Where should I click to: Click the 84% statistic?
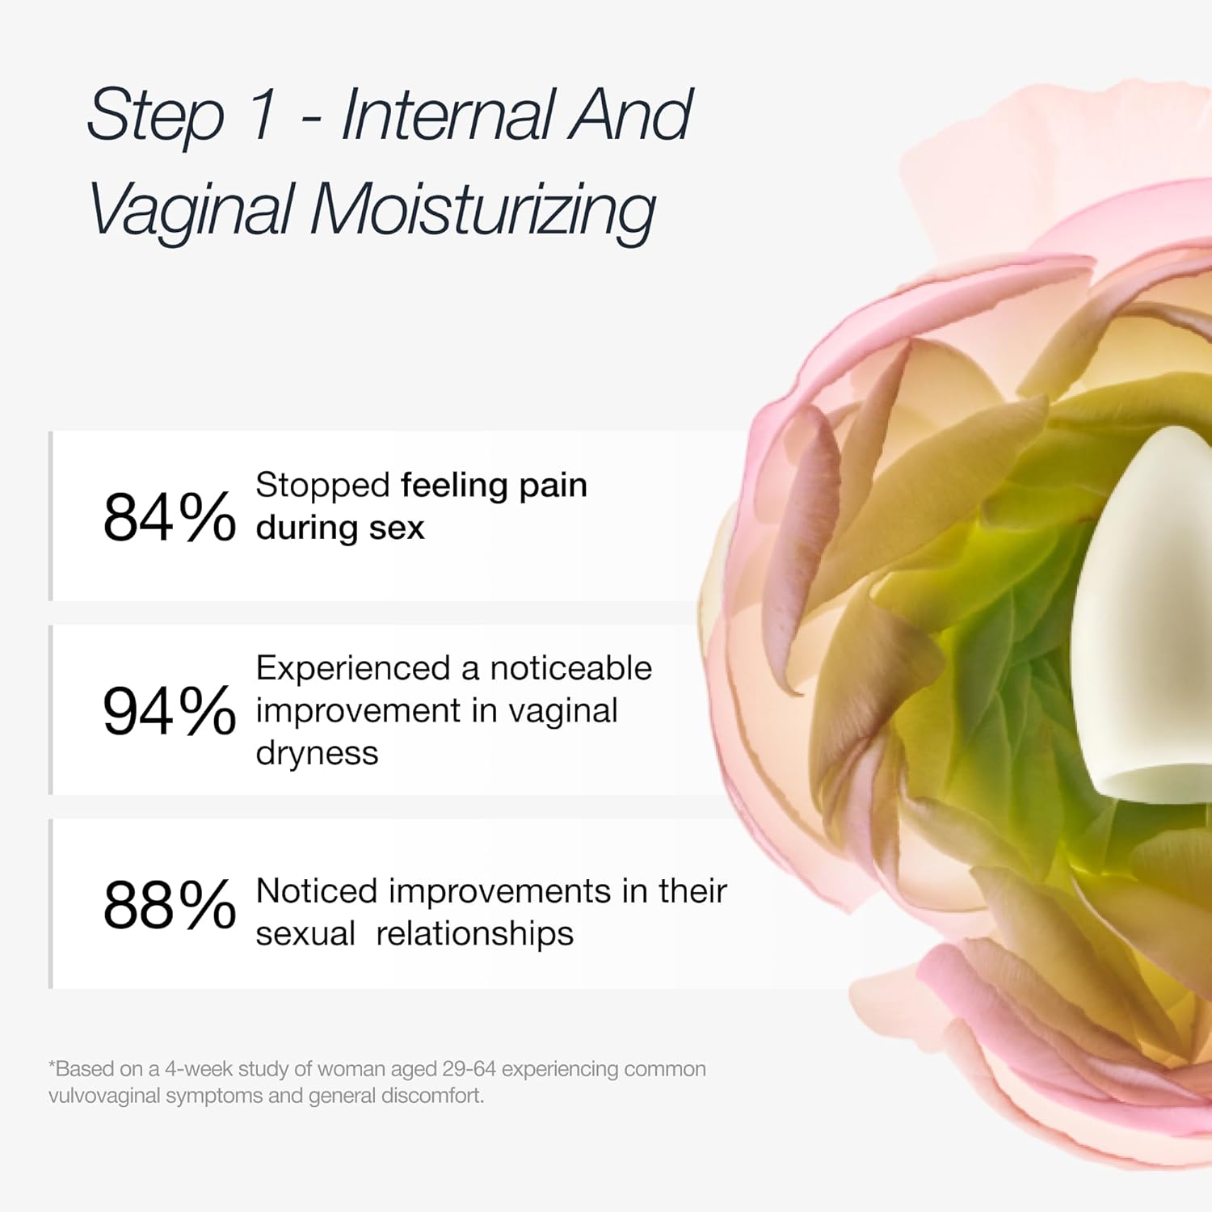[169, 517]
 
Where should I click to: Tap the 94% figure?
[169, 711]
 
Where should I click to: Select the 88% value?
[169, 905]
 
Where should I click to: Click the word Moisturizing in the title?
[482, 210]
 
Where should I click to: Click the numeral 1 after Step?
[263, 115]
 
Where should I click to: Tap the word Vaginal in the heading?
[191, 210]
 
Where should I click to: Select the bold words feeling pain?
[494, 485]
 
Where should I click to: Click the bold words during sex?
[340, 528]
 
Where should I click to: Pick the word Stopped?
[323, 485]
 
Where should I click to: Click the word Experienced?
[353, 668]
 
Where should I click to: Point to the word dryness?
[317, 753]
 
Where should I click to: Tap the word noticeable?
[570, 668]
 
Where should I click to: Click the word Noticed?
[317, 891]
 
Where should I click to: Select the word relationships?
[475, 934]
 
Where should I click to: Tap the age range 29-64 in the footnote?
[469, 1069]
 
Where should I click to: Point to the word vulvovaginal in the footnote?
[104, 1096]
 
